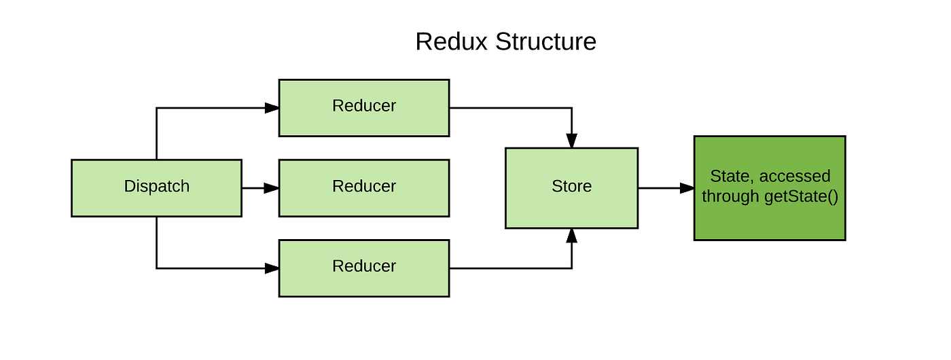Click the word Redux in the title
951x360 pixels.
[x=452, y=41]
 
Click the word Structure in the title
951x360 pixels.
[x=545, y=41]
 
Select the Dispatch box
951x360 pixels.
[x=156, y=187]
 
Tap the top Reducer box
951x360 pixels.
[x=363, y=107]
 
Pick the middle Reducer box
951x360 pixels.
[x=363, y=187]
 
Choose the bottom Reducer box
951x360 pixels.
[x=363, y=268]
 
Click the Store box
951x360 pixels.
[x=571, y=187]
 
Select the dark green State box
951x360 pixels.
[x=769, y=187]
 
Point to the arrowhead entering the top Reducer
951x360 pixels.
[x=272, y=107]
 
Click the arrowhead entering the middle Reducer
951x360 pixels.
[x=272, y=187]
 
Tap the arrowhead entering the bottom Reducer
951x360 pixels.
[x=272, y=268]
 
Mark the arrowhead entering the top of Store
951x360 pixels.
[x=572, y=141]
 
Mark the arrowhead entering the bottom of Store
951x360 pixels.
[x=572, y=235]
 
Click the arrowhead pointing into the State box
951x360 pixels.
[x=687, y=187]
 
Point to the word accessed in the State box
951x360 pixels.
[x=795, y=177]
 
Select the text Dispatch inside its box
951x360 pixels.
[x=156, y=186]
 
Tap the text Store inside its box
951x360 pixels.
[x=571, y=186]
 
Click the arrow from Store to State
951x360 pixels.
[x=662, y=187]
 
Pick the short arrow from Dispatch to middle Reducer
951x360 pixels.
[x=258, y=187]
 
